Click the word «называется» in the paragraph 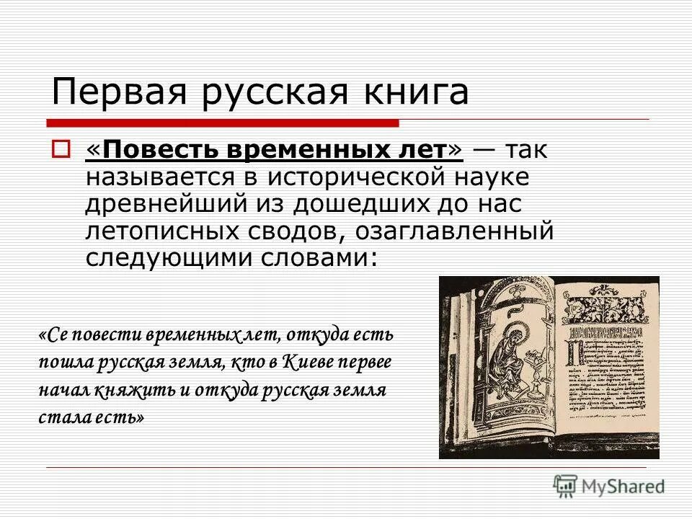(x=154, y=177)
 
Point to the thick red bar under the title (x=223, y=122)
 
